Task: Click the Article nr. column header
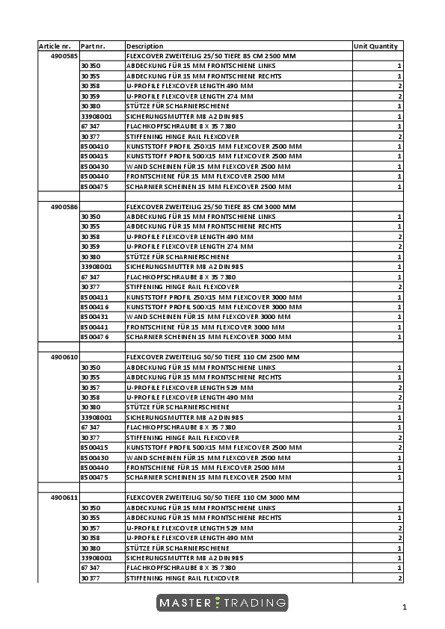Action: click(55, 46)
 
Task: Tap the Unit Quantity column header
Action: click(375, 46)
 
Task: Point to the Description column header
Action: click(144, 46)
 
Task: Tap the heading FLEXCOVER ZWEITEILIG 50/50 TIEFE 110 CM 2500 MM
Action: click(212, 357)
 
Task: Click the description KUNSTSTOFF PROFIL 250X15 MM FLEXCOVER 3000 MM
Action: click(214, 297)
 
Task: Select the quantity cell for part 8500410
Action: click(399, 146)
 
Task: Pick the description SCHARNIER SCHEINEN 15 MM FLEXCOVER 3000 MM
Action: click(209, 337)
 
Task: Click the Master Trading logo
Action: click(222, 603)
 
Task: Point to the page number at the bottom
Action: click(404, 607)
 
